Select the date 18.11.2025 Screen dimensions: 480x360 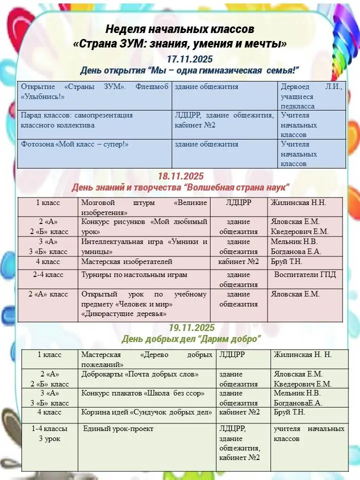tap(180, 176)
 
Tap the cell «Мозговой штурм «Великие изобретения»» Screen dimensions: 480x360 tap(144, 207)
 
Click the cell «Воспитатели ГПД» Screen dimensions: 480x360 tap(305, 274)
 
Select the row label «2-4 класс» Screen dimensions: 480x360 tap(48, 274)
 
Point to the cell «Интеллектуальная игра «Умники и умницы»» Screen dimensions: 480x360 tap(144, 246)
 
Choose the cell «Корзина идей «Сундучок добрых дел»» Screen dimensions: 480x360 tap(148, 412)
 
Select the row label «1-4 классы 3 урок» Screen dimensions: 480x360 tap(49, 433)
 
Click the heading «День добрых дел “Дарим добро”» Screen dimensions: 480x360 tap(191, 339)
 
